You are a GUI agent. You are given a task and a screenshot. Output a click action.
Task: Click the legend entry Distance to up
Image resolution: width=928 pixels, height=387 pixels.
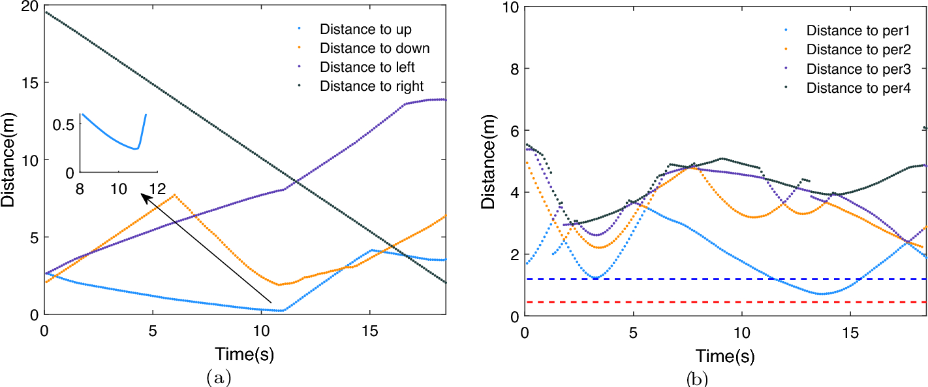point(365,29)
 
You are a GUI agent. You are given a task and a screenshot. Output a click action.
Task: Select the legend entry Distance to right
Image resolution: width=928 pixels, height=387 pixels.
point(371,86)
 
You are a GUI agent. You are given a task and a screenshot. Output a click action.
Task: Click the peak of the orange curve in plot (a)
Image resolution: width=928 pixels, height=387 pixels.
point(174,195)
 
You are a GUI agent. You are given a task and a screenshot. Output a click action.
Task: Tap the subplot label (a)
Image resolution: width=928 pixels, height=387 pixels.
point(217,377)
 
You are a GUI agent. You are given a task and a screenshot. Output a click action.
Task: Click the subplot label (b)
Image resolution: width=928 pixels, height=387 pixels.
point(696,378)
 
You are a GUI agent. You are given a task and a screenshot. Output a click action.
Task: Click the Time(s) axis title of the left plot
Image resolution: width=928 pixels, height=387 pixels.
point(244,355)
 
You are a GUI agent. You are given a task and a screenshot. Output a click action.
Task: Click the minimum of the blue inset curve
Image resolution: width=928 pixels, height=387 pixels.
point(135,149)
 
